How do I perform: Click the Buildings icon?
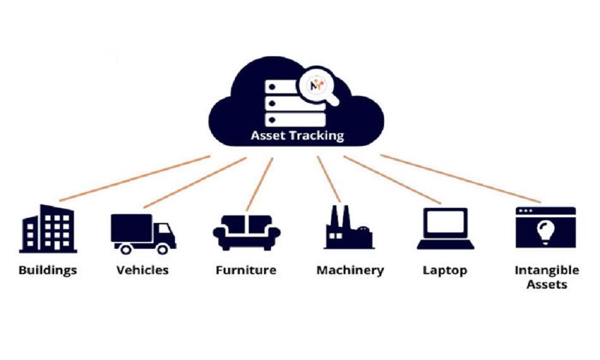(x=48, y=225)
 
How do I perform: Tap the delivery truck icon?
(x=143, y=233)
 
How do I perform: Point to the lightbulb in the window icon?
(x=545, y=232)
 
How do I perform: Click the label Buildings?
(x=48, y=270)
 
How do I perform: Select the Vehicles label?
(x=143, y=270)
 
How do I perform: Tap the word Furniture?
(x=246, y=270)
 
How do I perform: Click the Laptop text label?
(x=445, y=270)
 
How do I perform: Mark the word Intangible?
(x=546, y=270)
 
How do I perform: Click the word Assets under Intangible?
(x=546, y=284)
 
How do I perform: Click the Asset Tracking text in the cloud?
(x=297, y=135)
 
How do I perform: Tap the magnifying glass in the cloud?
(x=317, y=87)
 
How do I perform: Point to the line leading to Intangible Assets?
(x=461, y=179)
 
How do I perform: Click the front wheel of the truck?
(x=163, y=249)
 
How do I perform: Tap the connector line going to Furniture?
(x=260, y=184)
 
